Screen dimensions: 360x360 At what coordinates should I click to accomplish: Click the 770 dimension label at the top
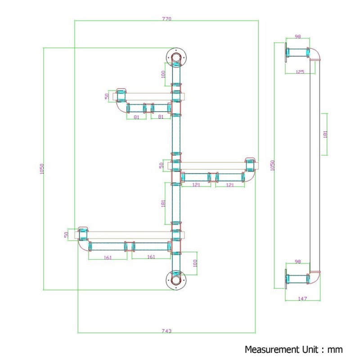click(x=166, y=19)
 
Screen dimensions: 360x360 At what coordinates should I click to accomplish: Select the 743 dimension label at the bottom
click(x=166, y=331)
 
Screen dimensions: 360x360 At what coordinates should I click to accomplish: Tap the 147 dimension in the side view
click(x=302, y=298)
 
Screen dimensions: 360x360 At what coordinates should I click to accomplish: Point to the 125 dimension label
click(x=300, y=72)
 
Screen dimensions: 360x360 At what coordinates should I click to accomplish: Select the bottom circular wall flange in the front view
click(x=176, y=280)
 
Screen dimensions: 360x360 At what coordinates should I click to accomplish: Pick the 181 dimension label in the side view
click(x=325, y=134)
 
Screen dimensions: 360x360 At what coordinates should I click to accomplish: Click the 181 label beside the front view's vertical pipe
click(x=163, y=203)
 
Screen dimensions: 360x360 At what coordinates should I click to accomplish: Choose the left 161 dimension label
click(x=108, y=257)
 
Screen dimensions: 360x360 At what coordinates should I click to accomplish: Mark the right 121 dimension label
click(x=230, y=185)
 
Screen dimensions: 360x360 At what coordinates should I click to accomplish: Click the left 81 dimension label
click(x=136, y=117)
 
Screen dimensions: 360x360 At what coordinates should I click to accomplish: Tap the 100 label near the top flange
click(x=163, y=74)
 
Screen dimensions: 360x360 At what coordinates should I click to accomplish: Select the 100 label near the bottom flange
click(x=195, y=263)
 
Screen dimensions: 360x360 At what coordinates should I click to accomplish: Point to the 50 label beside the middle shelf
click(x=162, y=165)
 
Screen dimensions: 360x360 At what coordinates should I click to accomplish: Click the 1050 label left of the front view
click(x=41, y=169)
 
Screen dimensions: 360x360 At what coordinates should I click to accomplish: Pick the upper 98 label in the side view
click(x=298, y=36)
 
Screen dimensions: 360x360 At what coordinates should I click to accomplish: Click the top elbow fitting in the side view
click(x=314, y=54)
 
